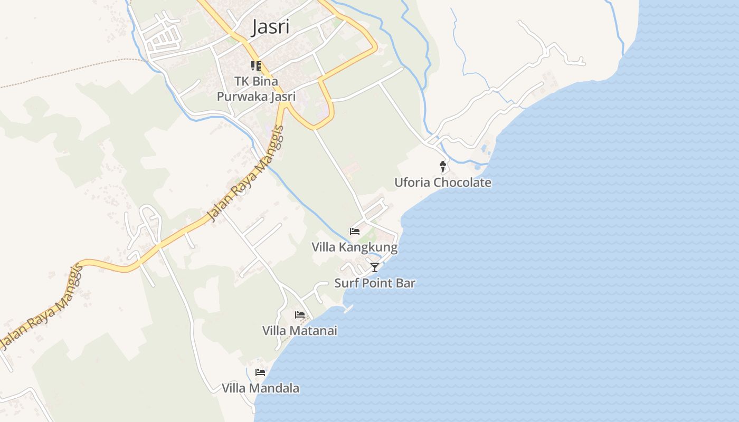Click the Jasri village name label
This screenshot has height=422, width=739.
pyautogui.click(x=271, y=27)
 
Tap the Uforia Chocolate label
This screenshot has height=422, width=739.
pyautogui.click(x=443, y=183)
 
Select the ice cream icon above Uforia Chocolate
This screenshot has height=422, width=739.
pyautogui.click(x=443, y=167)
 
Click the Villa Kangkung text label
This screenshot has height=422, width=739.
pyautogui.click(x=354, y=247)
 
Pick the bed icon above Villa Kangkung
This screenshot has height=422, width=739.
pyautogui.click(x=355, y=231)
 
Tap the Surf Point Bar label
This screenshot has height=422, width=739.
pyautogui.click(x=375, y=283)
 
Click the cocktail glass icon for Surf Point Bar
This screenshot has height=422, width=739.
pyautogui.click(x=375, y=267)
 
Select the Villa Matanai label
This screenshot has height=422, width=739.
pyautogui.click(x=299, y=331)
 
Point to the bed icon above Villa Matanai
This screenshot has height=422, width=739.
pyautogui.click(x=300, y=315)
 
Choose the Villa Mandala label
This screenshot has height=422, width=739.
pyautogui.click(x=260, y=388)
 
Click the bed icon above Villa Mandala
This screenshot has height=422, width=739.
pyautogui.click(x=260, y=372)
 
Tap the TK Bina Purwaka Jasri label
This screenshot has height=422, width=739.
pyautogui.click(x=256, y=89)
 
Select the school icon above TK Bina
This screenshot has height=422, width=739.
pyautogui.click(x=256, y=66)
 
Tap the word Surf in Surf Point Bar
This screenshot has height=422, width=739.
pyautogui.click(x=346, y=283)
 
